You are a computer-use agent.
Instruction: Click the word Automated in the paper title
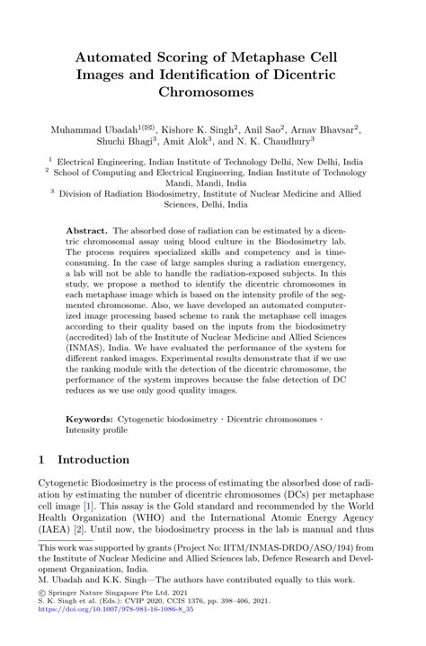pyautogui.click(x=123, y=57)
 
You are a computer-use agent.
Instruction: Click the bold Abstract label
pyautogui.click(x=87, y=231)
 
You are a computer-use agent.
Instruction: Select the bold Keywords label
pyautogui.click(x=90, y=419)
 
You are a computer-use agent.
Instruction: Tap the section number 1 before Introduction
pyautogui.click(x=42, y=459)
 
